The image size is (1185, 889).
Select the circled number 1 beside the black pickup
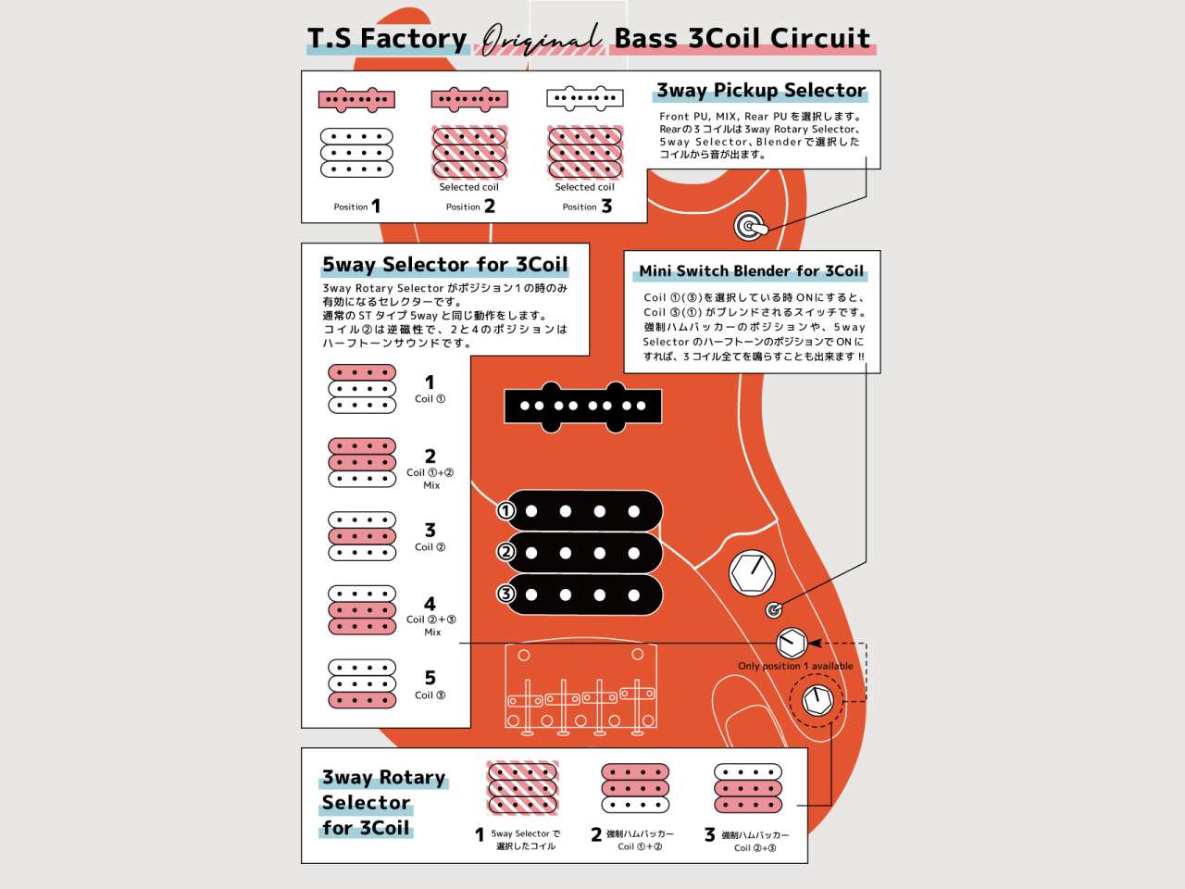tap(505, 511)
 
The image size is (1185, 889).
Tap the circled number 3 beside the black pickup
tap(505, 594)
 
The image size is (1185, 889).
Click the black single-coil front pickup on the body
tap(583, 406)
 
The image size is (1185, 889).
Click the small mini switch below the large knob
tap(775, 609)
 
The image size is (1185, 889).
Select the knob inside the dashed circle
tap(817, 699)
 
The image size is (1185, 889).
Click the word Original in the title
tap(540, 39)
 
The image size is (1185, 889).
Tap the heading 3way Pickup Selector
tap(760, 91)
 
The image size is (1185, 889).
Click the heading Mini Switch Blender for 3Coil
tap(751, 271)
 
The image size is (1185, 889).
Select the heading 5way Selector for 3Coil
tap(444, 265)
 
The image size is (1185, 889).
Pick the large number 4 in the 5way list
tap(430, 604)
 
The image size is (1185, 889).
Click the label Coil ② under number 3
tap(430, 547)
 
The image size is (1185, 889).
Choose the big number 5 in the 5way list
tap(430, 678)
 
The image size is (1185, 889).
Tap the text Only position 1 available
tap(795, 666)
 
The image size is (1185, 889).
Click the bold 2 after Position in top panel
tap(490, 206)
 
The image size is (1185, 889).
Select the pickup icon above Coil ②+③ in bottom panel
tap(748, 788)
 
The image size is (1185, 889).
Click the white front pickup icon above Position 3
tap(585, 98)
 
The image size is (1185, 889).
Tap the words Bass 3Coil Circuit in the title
tap(742, 39)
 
